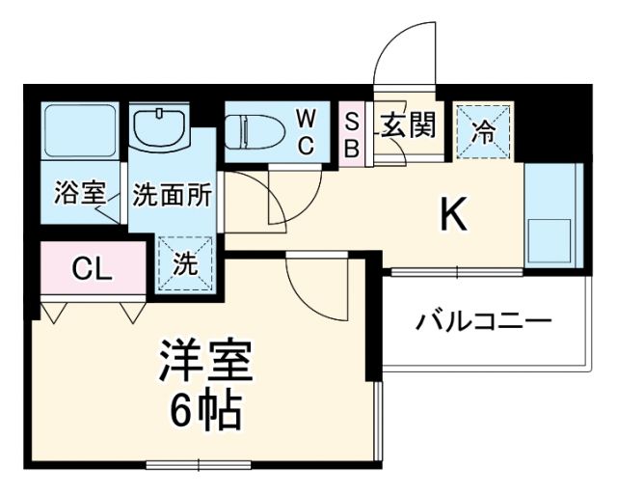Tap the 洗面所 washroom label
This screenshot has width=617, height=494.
(x=172, y=193)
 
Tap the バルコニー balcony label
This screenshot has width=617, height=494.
(x=483, y=320)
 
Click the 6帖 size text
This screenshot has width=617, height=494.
(x=205, y=413)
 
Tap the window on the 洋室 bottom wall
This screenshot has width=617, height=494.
(x=199, y=467)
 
